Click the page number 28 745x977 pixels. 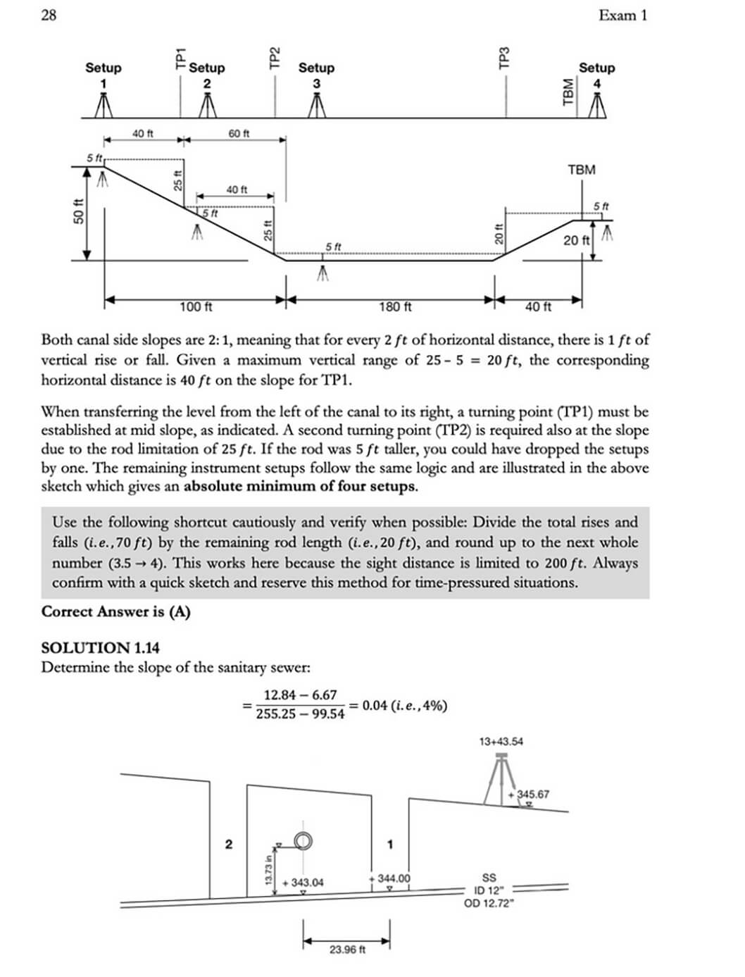tap(49, 15)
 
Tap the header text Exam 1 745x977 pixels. tap(622, 15)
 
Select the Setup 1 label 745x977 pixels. tap(104, 75)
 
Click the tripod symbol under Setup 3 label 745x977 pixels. tap(317, 106)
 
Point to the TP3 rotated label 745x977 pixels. tap(504, 58)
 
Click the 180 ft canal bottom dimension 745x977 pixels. tap(395, 307)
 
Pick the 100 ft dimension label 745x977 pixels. tap(196, 307)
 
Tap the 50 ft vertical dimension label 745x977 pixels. tap(78, 212)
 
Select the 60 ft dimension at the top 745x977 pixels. tap(239, 133)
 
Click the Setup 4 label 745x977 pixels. tap(596, 75)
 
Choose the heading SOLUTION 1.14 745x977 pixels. tap(100, 647)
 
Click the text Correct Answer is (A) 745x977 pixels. tap(115, 611)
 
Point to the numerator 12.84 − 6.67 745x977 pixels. tap(300, 695)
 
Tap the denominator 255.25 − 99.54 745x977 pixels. tap(300, 714)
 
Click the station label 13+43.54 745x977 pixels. tap(501, 741)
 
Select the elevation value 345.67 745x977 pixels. tap(532, 795)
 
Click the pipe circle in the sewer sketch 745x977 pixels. tap(303, 840)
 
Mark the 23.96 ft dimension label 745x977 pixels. tap(347, 950)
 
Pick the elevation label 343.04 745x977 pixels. tap(304, 883)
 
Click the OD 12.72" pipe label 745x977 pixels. tap(489, 904)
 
